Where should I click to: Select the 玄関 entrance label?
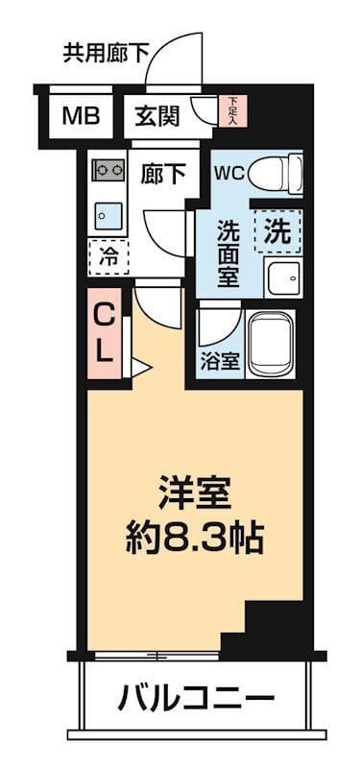point(156,116)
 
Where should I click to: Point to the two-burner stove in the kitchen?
point(108,171)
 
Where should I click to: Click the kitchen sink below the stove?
point(108,217)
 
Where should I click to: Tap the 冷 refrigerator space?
point(108,256)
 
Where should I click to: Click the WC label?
point(228,174)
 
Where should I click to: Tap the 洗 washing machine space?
point(276,230)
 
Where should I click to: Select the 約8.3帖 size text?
point(195,538)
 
